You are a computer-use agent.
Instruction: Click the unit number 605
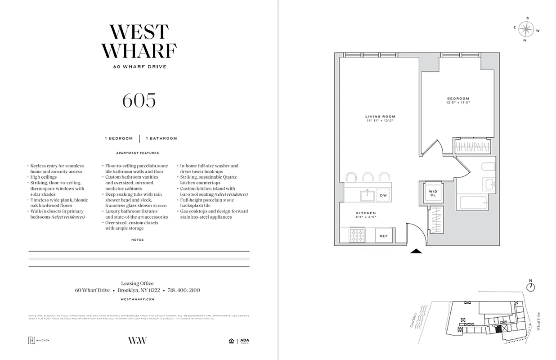pos(139,100)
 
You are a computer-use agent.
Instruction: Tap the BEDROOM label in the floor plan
pos(458,99)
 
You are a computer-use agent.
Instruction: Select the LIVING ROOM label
pos(380,117)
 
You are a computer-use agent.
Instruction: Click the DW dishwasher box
pos(383,195)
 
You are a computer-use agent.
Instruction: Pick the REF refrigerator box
pos(384,235)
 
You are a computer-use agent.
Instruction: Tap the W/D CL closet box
pos(432,193)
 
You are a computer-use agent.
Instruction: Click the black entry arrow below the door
pos(417,252)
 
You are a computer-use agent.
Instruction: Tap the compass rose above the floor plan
pos(525,30)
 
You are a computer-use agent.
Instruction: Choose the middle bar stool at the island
pos(368,177)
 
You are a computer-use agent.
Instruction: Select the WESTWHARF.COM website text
pos(138,299)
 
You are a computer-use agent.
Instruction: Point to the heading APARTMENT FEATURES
pos(137,153)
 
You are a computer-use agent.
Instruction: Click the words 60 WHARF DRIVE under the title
pos(139,67)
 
